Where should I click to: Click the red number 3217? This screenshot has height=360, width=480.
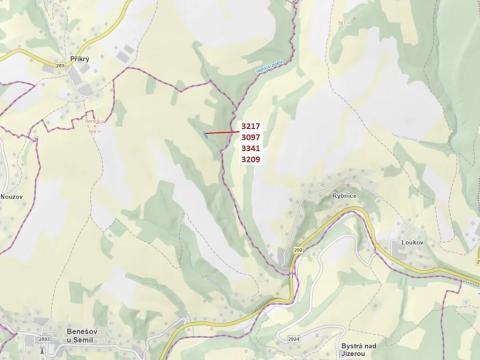click(251, 126)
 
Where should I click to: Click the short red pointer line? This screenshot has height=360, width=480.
click(221, 130)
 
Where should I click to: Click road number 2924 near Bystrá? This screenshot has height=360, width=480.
click(292, 339)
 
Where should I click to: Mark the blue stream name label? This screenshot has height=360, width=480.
click(265, 67)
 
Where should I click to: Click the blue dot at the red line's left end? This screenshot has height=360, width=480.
click(205, 133)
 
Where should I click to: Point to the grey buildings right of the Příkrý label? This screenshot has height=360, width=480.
click(125, 55)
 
